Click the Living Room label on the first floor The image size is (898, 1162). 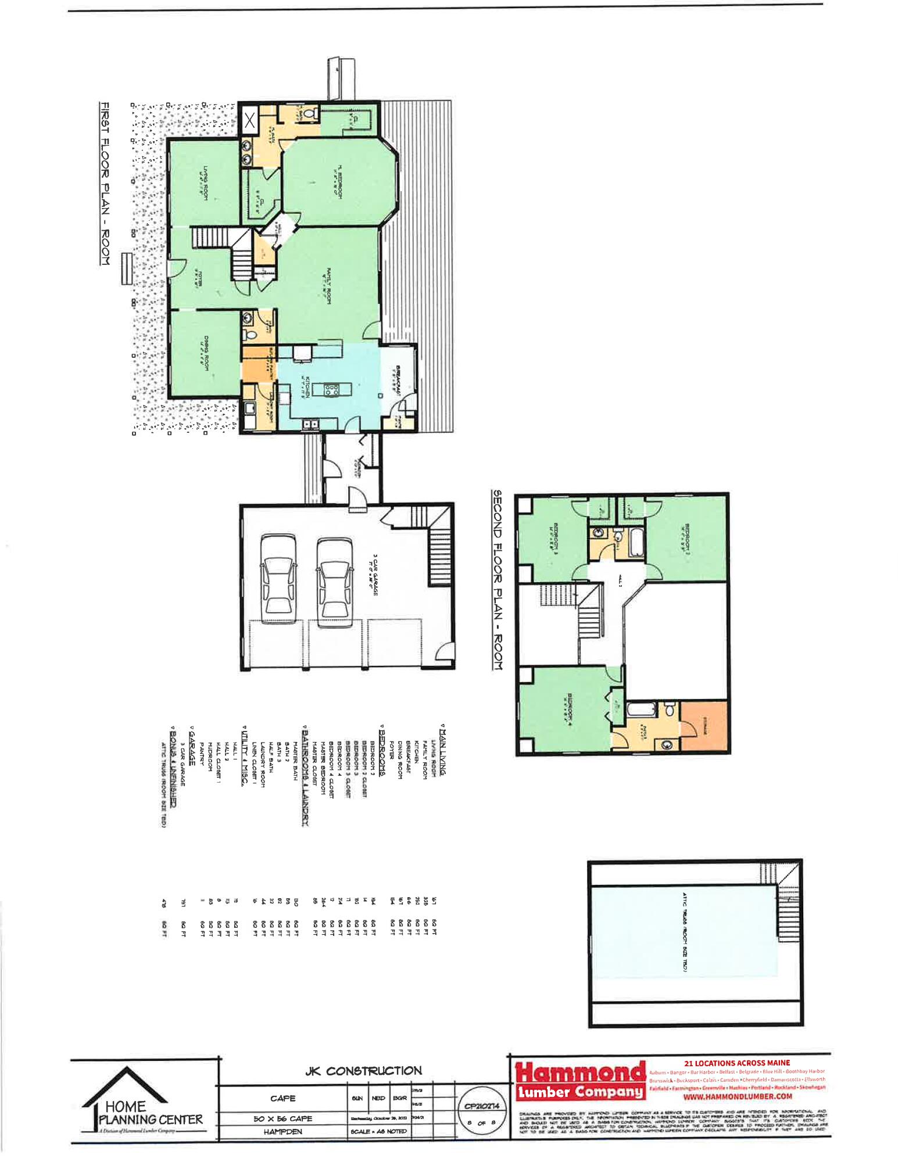pyautogui.click(x=204, y=183)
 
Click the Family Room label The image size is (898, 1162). pyautogui.click(x=329, y=285)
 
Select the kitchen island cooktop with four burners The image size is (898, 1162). pyautogui.click(x=332, y=389)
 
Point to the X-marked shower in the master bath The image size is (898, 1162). pyautogui.click(x=251, y=121)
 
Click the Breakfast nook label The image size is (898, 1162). pyautogui.click(x=399, y=381)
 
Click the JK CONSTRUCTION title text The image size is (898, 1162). pyautogui.click(x=363, y=1071)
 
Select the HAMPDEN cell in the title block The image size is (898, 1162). pyautogui.click(x=283, y=1132)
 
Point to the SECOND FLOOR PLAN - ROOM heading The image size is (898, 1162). pyautogui.click(x=498, y=579)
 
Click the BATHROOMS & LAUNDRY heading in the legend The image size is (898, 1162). pyautogui.click(x=305, y=776)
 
